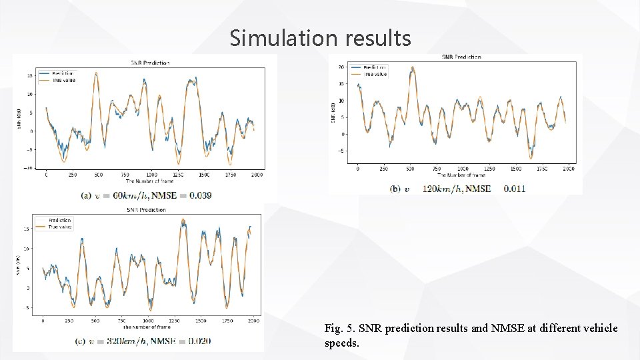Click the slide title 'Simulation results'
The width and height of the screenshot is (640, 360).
coord(320,38)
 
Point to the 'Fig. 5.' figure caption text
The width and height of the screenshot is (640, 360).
coord(471,335)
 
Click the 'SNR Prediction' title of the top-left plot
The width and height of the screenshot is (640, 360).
coord(150,63)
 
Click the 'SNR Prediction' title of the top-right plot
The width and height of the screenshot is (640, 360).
coord(461,57)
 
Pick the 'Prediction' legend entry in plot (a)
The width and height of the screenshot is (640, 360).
coord(65,73)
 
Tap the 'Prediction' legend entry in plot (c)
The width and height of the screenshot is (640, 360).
coord(60,220)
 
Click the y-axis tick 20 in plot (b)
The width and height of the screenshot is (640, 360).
coord(341,67)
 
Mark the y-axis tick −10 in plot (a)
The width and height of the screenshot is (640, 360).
coord(28,168)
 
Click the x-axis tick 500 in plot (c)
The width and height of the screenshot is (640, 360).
coord(95,321)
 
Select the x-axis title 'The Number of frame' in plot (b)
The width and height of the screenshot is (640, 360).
coord(461,175)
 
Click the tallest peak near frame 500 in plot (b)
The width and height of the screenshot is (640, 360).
coord(413,67)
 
